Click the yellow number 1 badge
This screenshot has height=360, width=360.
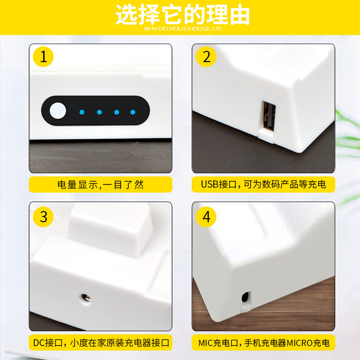[43, 57]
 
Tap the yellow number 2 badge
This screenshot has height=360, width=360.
[206, 57]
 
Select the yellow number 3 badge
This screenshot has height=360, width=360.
[43, 217]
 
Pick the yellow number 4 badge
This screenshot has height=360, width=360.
[206, 217]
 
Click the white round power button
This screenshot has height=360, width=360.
[58, 111]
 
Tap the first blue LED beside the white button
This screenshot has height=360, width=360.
[82, 112]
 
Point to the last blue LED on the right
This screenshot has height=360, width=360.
[133, 112]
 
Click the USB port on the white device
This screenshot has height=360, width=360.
[269, 116]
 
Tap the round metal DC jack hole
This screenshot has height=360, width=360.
[85, 298]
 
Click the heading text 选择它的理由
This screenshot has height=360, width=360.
[183, 14]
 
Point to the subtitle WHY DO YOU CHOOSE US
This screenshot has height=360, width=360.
[183, 29]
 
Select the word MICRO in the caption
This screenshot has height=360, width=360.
[300, 343]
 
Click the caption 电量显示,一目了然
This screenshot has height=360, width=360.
[100, 184]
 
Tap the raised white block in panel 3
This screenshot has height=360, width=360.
[110, 229]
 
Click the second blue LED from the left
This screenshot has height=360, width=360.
[99, 112]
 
